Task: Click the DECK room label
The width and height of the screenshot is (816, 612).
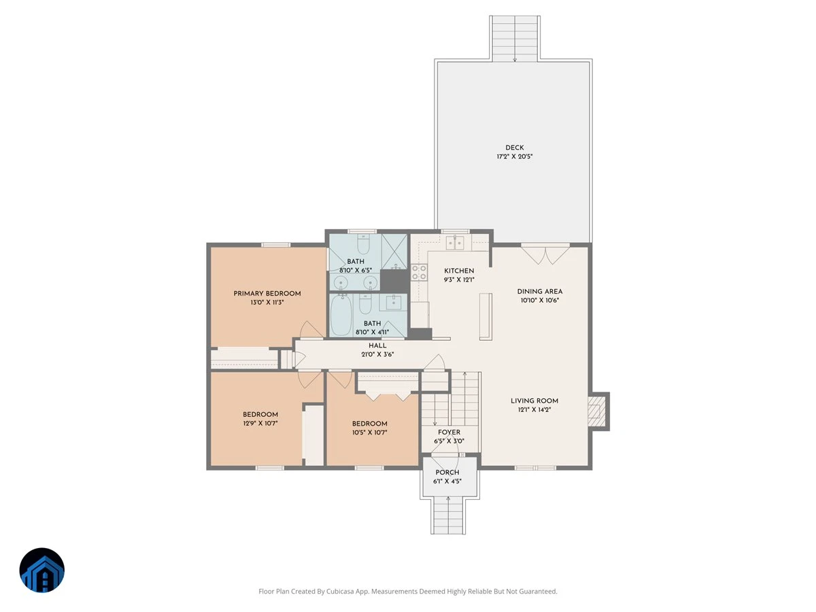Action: coord(515,148)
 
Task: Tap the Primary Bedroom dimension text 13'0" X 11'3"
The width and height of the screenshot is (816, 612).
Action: coord(267,303)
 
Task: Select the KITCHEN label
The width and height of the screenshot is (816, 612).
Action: coord(459,271)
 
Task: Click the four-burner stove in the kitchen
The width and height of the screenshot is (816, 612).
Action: coord(419,272)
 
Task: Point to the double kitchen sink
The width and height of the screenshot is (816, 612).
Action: coord(455,243)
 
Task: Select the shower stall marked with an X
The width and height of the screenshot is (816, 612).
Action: coord(394,251)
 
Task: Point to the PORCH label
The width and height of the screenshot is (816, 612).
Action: coord(447,473)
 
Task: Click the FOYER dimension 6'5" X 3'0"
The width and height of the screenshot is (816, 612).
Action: coord(449,441)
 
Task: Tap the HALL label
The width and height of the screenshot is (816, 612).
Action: coord(377,345)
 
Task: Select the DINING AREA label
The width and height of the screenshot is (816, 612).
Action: coord(540,291)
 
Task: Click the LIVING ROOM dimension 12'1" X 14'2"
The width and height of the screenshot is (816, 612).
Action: coord(534,409)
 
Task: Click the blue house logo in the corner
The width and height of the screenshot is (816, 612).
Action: coord(42,570)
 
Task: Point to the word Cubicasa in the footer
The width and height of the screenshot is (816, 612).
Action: coord(341,591)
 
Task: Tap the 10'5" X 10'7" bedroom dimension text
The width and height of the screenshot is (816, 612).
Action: coord(369,432)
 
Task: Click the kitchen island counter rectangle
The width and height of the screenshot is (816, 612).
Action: coord(486,317)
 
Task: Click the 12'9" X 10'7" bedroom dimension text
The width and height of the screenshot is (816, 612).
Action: coord(260,423)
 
